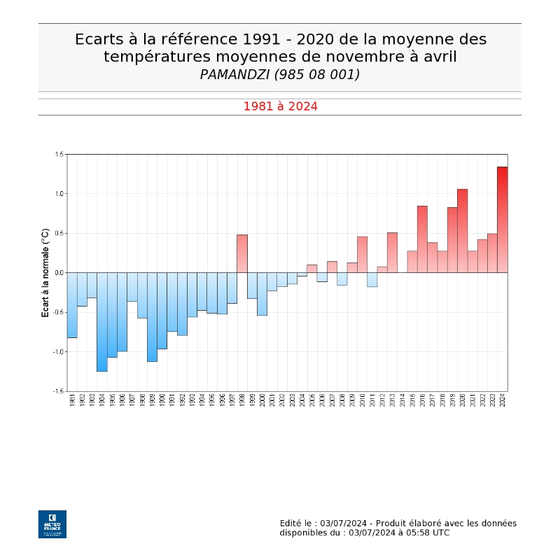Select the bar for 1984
tap(102, 322)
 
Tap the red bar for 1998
tap(242, 253)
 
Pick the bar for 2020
tap(462, 231)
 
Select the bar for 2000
tap(262, 294)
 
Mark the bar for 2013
tap(392, 253)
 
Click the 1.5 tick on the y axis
tap(59, 154)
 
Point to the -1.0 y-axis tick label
tap(58, 352)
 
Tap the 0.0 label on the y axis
tap(59, 273)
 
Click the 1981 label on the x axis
tap(73, 401)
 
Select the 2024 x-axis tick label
tap(503, 401)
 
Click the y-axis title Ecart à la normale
tap(45, 273)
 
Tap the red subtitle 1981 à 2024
tap(280, 106)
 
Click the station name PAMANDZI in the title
tap(232, 74)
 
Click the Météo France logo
tap(52, 524)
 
